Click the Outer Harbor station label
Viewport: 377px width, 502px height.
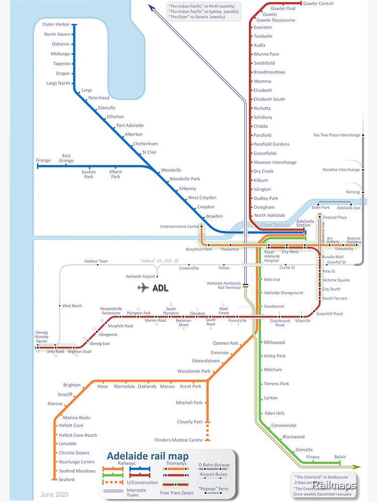(56, 24)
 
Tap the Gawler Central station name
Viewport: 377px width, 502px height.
(318, 4)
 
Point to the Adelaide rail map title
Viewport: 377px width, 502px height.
(148, 456)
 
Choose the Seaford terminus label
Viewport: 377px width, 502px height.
(66, 479)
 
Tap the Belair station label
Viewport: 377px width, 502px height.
(340, 457)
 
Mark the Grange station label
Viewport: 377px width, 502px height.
(43, 161)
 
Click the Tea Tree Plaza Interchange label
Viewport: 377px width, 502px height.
(336, 135)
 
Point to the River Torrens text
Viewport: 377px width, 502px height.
(274, 224)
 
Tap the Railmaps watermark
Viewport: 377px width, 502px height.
(334, 485)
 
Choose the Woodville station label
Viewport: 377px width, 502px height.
(171, 170)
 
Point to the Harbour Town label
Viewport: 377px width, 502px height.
(96, 261)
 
